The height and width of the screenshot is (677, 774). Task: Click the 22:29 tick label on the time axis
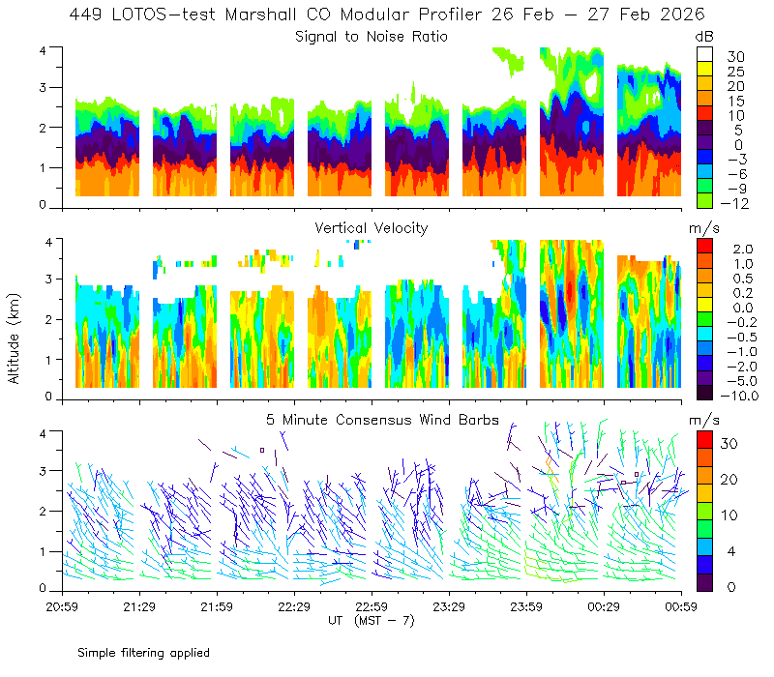294,606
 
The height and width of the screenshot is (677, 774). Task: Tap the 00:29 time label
604,606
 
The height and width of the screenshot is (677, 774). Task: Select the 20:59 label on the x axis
62,606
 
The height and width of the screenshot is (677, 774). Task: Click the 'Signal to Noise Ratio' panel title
372,37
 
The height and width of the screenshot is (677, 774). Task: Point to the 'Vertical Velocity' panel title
372,228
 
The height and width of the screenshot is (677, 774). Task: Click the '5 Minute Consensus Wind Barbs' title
382,420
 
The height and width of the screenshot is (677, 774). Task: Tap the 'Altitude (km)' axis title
14,338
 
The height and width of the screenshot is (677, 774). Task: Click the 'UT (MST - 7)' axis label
372,620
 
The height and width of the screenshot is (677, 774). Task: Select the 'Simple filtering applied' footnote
143,653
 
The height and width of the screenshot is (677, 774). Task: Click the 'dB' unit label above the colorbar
704,37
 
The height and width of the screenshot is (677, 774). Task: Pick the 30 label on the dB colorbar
735,57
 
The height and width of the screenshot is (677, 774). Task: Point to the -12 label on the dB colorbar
734,203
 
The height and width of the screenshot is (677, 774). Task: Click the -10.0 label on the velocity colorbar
739,396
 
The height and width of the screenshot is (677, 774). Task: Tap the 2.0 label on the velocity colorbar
743,250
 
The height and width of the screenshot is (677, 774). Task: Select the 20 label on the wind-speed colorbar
729,479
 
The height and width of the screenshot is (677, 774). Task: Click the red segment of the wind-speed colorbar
704,439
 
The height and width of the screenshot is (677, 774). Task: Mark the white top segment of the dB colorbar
704,54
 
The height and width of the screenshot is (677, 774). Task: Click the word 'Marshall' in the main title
261,15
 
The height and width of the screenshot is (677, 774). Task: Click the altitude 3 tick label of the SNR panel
43,87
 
